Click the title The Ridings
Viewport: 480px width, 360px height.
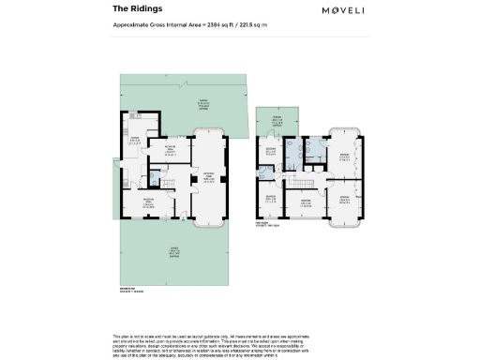coord(132,8)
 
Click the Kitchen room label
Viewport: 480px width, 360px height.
coord(133,142)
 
